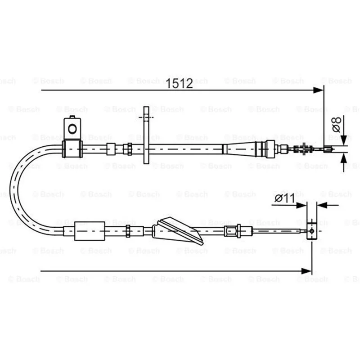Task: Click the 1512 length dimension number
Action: (x=179, y=83)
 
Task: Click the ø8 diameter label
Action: (x=336, y=125)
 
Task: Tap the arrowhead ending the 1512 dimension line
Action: (x=318, y=90)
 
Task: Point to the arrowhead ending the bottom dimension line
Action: (x=306, y=271)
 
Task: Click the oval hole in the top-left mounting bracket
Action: (x=72, y=129)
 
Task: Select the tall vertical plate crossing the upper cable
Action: (x=146, y=135)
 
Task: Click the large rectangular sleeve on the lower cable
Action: (x=90, y=231)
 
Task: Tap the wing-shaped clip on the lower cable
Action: (x=178, y=231)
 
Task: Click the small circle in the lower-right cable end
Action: (x=312, y=231)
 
